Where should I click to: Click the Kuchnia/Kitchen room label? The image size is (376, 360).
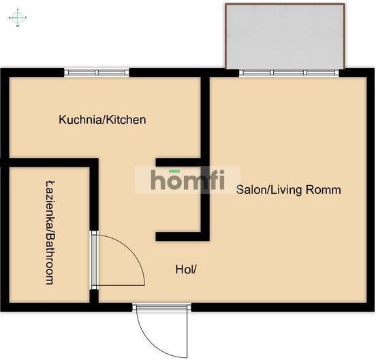point(102,120)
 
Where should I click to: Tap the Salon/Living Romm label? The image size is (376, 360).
point(289,190)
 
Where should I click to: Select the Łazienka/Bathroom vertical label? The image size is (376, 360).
point(50,233)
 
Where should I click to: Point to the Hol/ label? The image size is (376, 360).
point(186,269)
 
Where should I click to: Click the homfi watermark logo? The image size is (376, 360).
point(188,180)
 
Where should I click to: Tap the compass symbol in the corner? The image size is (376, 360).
point(18,18)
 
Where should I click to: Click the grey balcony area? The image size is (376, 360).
point(285,36)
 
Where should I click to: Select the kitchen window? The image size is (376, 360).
point(97,72)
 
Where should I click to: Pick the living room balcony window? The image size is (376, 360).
point(289,72)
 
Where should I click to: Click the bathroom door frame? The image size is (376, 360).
point(94,261)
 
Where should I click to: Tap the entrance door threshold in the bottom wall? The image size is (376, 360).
point(162,307)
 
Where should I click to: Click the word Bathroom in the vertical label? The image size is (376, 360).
point(50,259)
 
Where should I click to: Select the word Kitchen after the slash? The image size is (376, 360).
point(126,120)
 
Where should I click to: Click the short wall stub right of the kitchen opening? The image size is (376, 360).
point(178,162)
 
